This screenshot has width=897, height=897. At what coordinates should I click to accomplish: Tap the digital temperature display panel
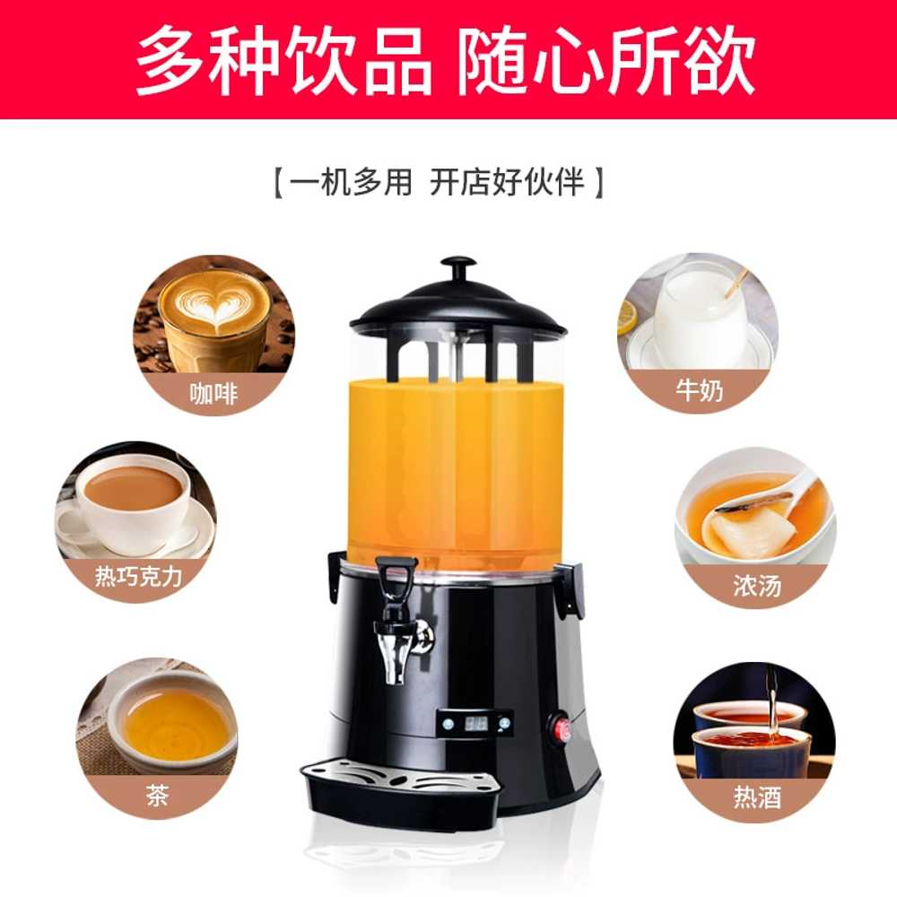click(x=475, y=723)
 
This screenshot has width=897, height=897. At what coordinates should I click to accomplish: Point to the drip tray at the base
click(x=400, y=787)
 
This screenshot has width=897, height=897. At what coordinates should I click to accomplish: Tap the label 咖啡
click(x=213, y=394)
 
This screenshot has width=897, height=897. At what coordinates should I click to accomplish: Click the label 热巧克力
click(x=138, y=576)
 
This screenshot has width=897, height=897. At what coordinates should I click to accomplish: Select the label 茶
click(x=157, y=795)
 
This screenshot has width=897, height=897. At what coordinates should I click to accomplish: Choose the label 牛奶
click(x=699, y=390)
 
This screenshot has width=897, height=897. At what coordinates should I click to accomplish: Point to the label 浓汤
click(x=757, y=585)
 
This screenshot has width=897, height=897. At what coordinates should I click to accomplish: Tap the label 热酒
click(x=757, y=797)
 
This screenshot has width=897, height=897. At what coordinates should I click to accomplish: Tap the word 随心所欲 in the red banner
click(x=605, y=60)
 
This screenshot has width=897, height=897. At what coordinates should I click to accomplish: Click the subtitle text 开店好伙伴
click(x=507, y=182)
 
